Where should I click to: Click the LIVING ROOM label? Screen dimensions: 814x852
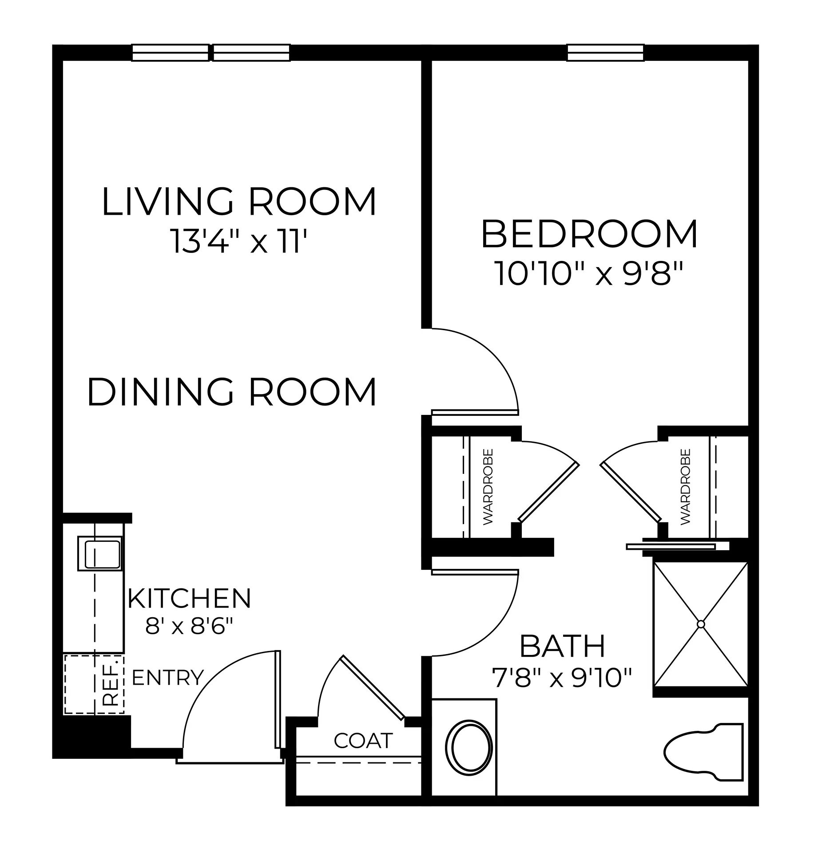point(239,202)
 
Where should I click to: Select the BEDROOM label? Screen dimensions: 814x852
point(589,234)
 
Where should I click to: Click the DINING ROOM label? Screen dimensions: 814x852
point(232,392)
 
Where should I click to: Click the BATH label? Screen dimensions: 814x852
point(562,646)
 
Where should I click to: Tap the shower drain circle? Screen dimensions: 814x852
point(701,624)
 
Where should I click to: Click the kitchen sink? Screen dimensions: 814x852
point(99,553)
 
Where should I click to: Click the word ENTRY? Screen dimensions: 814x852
point(168,678)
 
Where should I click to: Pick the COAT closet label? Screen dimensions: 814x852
point(363,740)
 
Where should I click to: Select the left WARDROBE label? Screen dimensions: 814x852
point(488,487)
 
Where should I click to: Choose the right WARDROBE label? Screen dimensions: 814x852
point(686,487)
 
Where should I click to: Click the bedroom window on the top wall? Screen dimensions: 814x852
point(606,52)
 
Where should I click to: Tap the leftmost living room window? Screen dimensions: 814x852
point(170,52)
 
